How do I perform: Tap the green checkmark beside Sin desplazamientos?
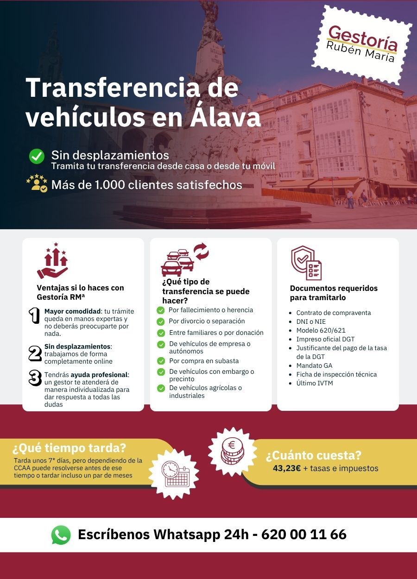(x=37, y=156)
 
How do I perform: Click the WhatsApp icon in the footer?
(x=61, y=535)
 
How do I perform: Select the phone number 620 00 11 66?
(x=304, y=535)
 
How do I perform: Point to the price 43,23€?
(x=287, y=468)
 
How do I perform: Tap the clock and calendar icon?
(x=175, y=473)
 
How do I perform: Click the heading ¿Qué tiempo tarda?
(x=69, y=448)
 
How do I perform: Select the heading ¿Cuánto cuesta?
(x=313, y=455)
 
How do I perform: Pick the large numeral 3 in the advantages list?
(x=35, y=378)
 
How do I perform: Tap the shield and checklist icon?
(x=306, y=263)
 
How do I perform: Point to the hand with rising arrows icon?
(x=53, y=261)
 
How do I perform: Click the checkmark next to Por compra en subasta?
(x=161, y=361)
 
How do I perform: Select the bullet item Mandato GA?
(x=314, y=365)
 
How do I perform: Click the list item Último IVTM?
(x=315, y=383)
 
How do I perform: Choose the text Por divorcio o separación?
(x=207, y=321)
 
